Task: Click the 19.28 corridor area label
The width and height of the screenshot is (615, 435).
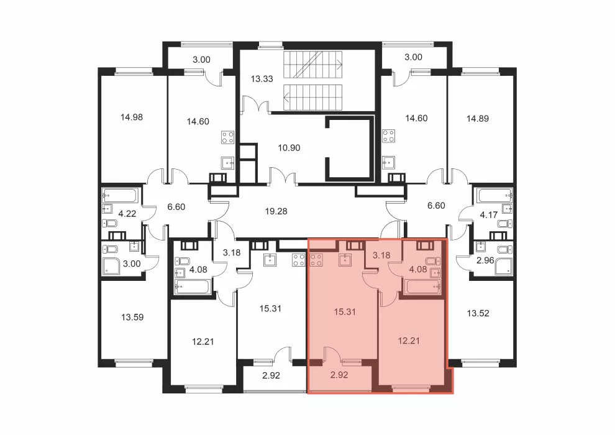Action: click(x=276, y=211)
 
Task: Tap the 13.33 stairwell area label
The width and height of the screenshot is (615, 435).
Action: click(x=262, y=79)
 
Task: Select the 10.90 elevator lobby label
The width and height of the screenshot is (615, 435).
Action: click(x=289, y=148)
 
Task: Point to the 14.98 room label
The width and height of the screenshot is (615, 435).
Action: click(x=132, y=117)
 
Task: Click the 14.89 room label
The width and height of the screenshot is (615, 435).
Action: click(x=477, y=119)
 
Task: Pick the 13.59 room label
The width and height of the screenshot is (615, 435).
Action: click(x=132, y=317)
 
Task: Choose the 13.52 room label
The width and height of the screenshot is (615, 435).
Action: click(x=478, y=313)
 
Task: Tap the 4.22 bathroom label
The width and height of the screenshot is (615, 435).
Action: click(x=127, y=214)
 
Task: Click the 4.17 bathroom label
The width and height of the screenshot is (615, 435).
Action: click(x=489, y=215)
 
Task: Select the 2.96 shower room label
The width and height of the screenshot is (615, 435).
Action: click(x=485, y=260)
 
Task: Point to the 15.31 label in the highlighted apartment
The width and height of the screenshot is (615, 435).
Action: click(x=345, y=312)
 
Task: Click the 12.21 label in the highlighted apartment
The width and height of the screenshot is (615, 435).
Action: click(x=409, y=341)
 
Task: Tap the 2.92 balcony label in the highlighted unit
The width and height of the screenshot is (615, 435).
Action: click(x=339, y=375)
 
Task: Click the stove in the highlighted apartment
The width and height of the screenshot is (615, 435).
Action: click(x=317, y=260)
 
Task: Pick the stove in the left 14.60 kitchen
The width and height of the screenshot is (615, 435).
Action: click(x=228, y=137)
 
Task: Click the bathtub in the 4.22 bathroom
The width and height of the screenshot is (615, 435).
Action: click(x=120, y=195)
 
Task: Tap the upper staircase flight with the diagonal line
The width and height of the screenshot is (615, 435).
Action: click(x=312, y=65)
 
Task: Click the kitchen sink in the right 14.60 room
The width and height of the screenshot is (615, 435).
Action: click(x=388, y=162)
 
